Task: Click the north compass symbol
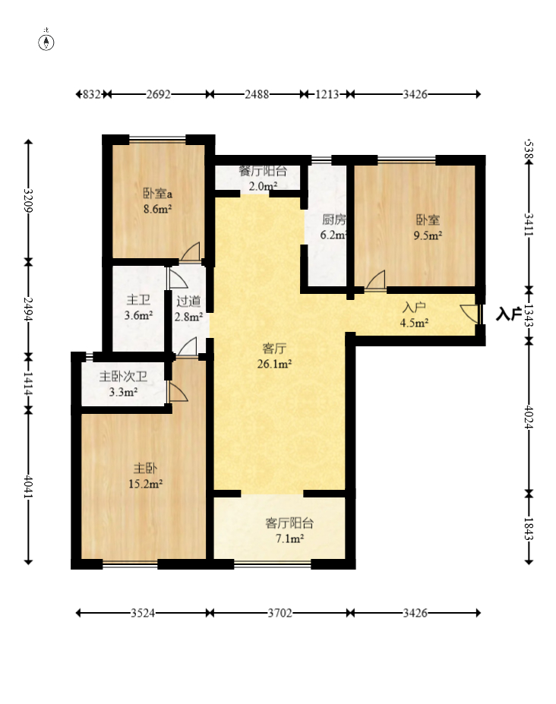click(46, 42)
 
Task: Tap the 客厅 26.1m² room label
click(274, 356)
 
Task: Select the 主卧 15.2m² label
click(145, 476)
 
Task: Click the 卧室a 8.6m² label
click(158, 200)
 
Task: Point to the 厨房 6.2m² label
click(333, 227)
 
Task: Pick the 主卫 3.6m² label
click(138, 308)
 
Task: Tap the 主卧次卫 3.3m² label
click(123, 384)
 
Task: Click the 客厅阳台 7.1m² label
click(289, 530)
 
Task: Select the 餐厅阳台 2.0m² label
click(263, 178)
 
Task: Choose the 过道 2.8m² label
click(188, 308)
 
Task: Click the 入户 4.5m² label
click(414, 314)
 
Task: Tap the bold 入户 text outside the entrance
click(508, 314)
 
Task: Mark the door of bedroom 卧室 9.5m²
click(375, 281)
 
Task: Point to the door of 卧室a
click(191, 251)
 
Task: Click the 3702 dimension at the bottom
click(280, 613)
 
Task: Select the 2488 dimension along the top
click(257, 94)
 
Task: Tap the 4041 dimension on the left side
click(28, 486)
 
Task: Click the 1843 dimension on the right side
click(529, 529)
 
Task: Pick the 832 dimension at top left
click(92, 94)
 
